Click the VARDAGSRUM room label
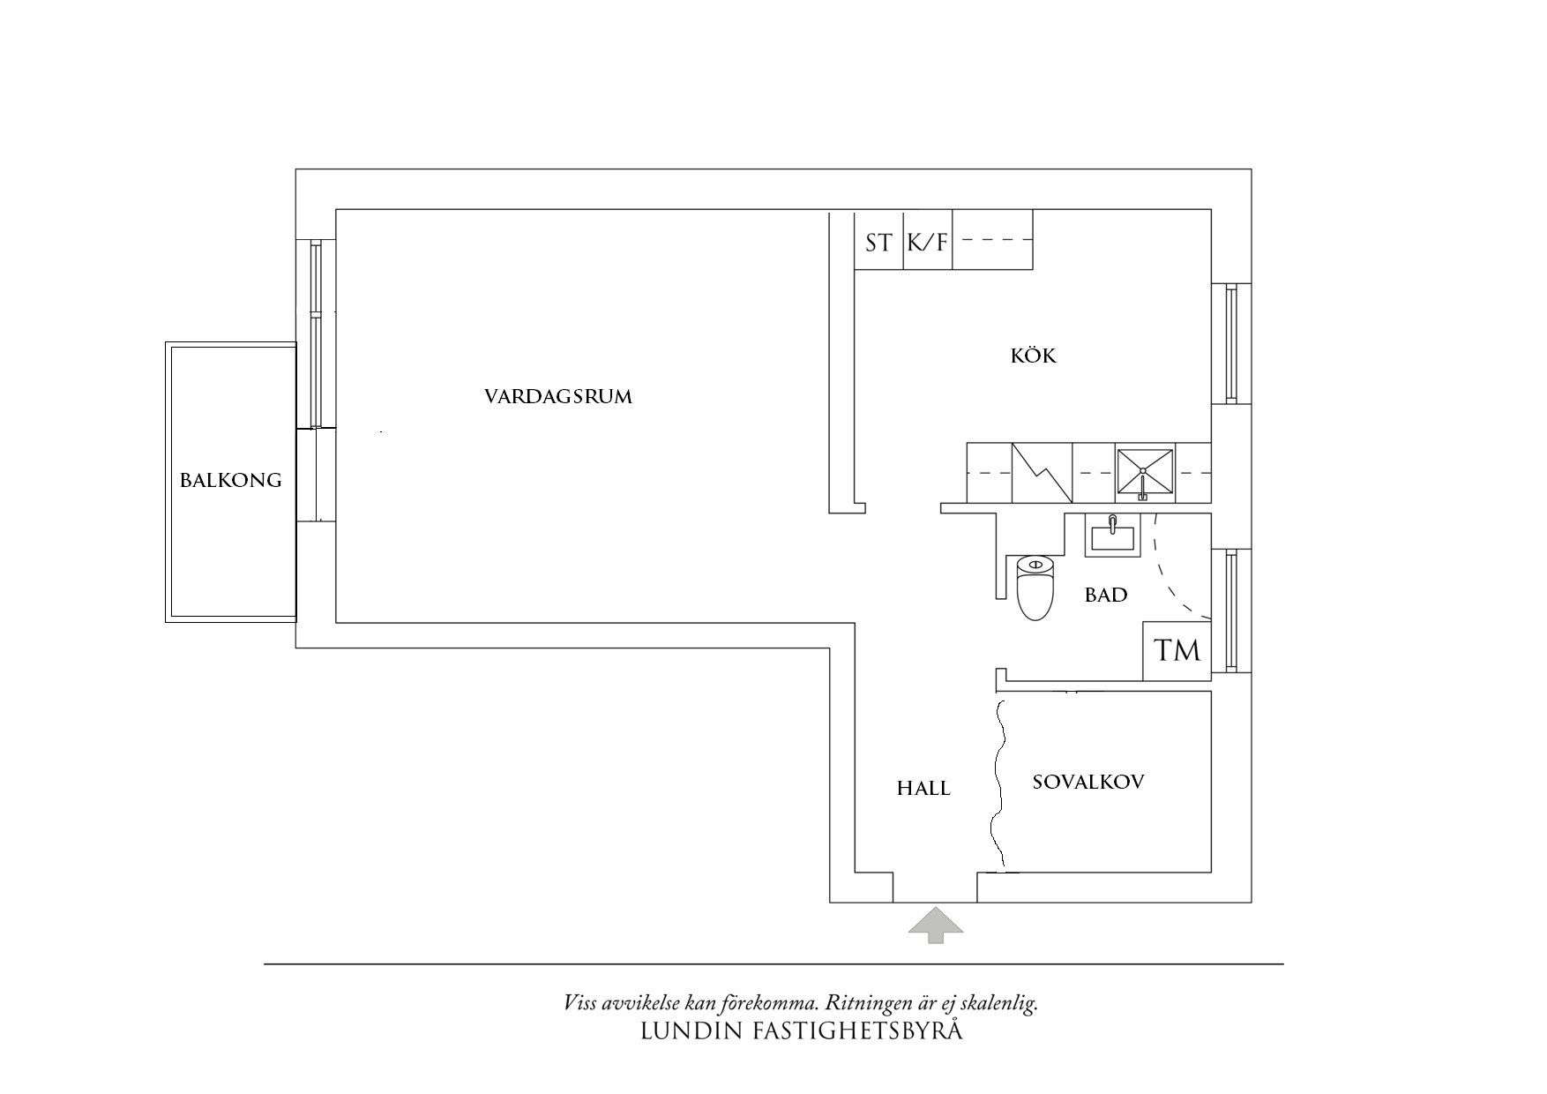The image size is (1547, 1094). click(557, 396)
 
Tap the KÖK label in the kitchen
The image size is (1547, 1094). click(1033, 356)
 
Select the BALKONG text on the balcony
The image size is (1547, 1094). click(230, 481)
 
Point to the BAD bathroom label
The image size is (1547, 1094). click(1105, 596)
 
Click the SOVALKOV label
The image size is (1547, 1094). click(1087, 782)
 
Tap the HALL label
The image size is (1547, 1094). click(923, 789)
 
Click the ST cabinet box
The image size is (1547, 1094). click(878, 242)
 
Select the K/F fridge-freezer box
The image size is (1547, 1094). click(928, 242)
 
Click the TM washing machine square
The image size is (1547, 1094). click(1177, 651)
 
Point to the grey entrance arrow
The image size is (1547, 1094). click(936, 925)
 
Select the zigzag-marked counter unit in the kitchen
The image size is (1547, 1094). click(1042, 473)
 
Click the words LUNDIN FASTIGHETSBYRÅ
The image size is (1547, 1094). click(801, 1030)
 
